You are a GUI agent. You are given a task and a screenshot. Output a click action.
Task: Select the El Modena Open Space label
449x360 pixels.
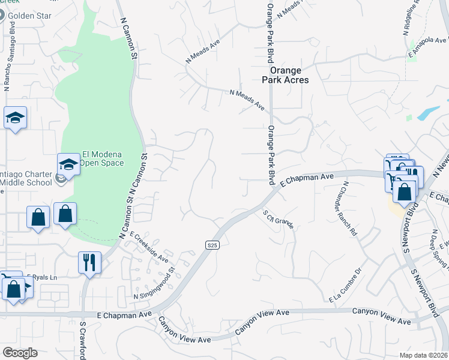pos(103,158)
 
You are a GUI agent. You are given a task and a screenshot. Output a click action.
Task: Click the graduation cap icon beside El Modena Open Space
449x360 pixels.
pos(68,165)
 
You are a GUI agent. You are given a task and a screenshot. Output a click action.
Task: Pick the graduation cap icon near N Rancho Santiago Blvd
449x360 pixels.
pos(16,118)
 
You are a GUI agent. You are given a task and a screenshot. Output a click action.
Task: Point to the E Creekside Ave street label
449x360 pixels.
pos(148,248)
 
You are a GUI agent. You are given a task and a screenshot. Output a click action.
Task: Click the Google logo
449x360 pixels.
pos(20,353)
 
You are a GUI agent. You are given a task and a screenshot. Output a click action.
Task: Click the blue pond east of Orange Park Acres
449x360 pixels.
pos(430,112)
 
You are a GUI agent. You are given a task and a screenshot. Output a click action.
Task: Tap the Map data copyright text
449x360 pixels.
pos(423,355)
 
